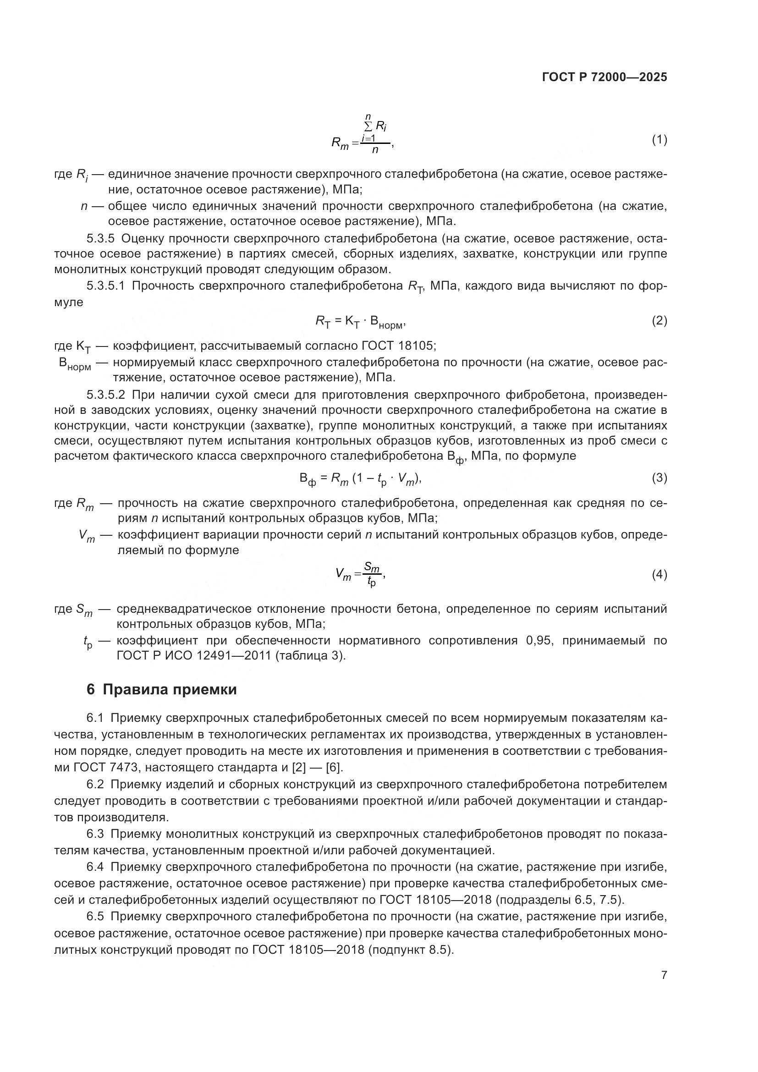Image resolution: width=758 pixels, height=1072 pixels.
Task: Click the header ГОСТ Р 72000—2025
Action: pos(604,77)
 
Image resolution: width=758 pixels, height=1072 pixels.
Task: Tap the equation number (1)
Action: pos(659,140)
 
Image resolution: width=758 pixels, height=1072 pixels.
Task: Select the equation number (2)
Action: pos(659,321)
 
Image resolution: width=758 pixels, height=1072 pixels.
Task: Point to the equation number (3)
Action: pos(659,478)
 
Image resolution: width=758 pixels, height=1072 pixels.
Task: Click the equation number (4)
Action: pos(659,575)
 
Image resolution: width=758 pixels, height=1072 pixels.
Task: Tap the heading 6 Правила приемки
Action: pos(161,690)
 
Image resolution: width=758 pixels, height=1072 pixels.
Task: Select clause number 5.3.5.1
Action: pos(105,286)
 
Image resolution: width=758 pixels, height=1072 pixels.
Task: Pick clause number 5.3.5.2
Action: pos(105,395)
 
